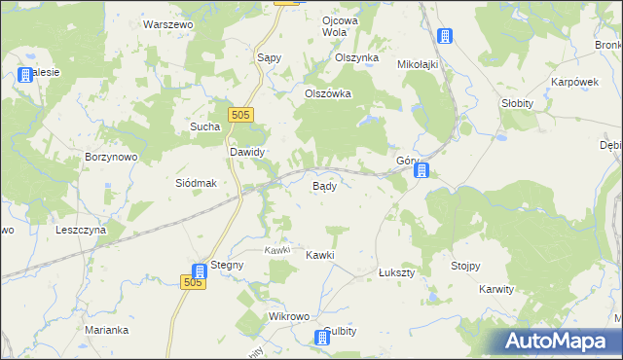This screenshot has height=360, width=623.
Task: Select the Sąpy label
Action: [x=269, y=57]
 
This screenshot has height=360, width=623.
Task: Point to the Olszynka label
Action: [x=355, y=57]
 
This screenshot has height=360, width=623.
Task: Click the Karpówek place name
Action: [x=573, y=82]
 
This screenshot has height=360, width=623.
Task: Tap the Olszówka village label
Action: [x=327, y=94]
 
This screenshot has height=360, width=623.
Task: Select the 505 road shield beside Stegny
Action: [x=193, y=282]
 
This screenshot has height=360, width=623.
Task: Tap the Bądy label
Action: [x=324, y=186]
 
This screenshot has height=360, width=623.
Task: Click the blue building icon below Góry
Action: [x=421, y=171]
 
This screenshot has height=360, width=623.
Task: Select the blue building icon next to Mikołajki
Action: [x=444, y=38]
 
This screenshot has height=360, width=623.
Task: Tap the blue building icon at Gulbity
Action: [x=322, y=338]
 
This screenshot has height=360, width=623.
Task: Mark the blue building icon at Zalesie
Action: [x=25, y=75]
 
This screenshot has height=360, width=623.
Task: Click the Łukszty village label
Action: [x=396, y=274]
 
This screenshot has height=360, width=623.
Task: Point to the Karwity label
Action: [x=502, y=290]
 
